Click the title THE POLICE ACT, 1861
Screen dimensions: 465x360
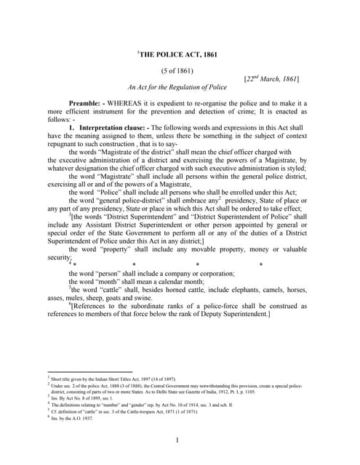179,54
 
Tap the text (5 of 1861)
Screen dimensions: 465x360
178,70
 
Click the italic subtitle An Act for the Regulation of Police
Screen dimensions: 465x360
178,86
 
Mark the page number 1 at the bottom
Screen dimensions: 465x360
178,440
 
